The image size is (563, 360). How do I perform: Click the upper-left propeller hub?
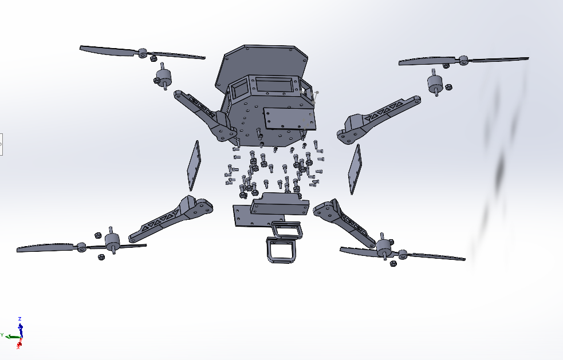142,53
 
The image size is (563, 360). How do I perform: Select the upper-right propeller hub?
463,60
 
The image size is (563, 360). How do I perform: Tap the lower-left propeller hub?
81,247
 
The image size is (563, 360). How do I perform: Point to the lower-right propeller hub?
402,254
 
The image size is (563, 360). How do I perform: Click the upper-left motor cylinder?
164,76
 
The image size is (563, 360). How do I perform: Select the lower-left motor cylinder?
112,240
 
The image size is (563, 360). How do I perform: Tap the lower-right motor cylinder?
384,246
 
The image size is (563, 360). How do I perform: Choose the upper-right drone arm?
377,118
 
